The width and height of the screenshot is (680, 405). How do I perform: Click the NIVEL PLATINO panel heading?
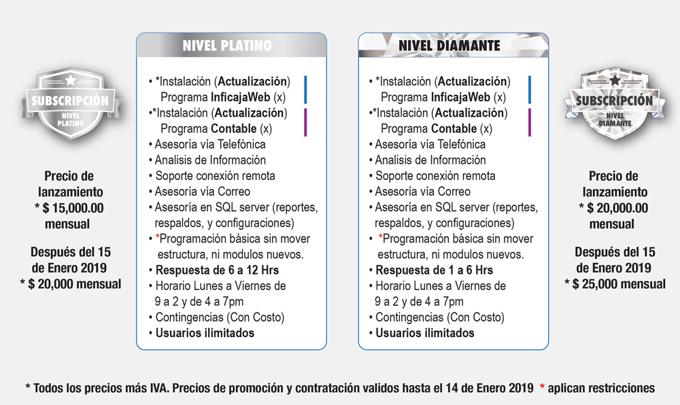point(226,46)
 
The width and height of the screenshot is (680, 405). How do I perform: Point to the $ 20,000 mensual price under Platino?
point(71,284)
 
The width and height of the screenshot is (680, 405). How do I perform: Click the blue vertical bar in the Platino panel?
point(306,89)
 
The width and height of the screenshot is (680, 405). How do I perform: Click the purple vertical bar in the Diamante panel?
point(528,122)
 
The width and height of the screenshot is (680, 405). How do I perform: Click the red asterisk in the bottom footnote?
point(541,389)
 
